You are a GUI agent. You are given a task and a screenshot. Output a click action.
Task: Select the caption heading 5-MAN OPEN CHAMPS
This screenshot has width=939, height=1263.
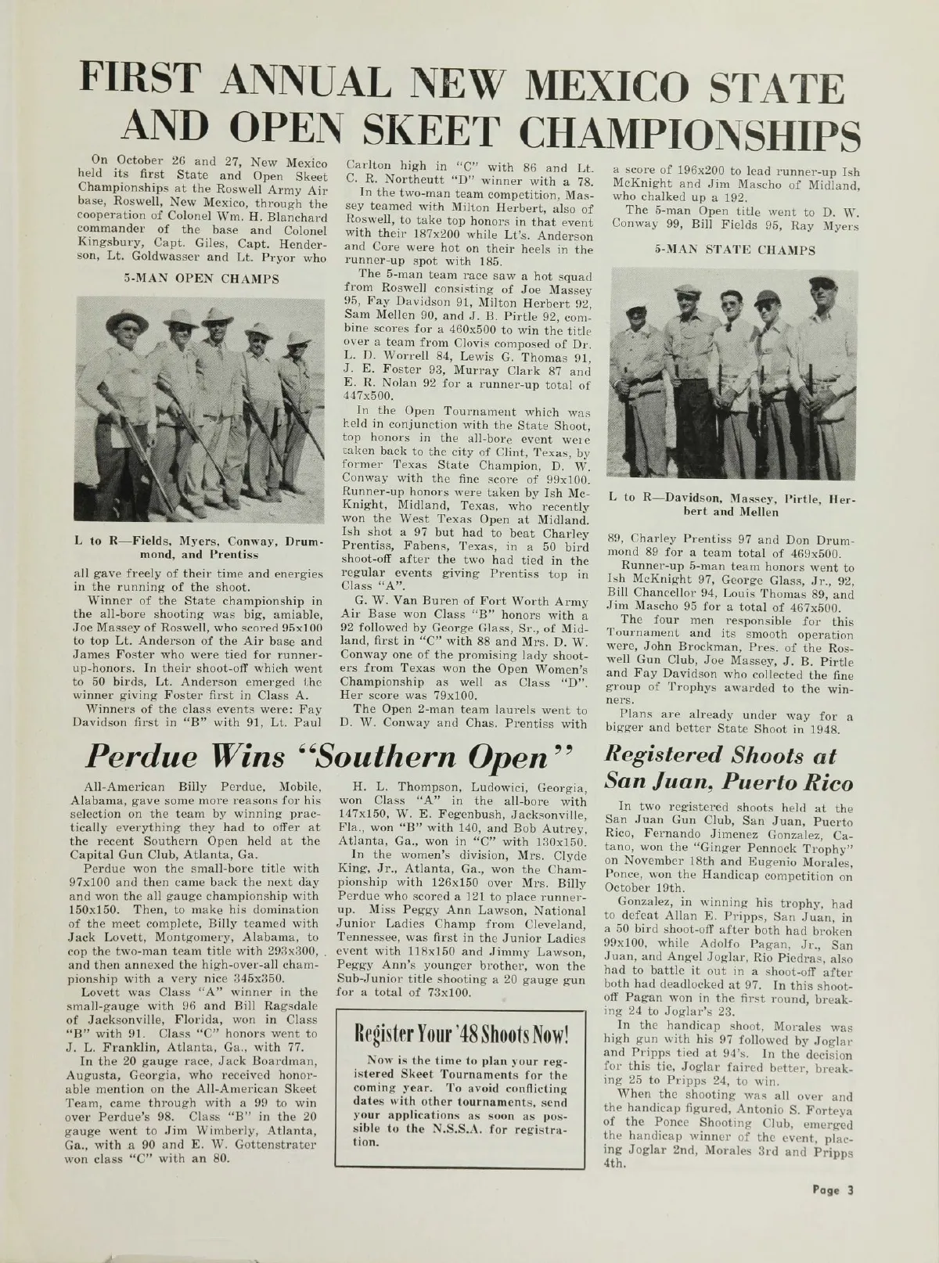tap(202, 279)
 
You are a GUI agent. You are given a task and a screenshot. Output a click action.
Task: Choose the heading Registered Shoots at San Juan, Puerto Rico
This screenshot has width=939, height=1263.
tap(727, 771)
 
